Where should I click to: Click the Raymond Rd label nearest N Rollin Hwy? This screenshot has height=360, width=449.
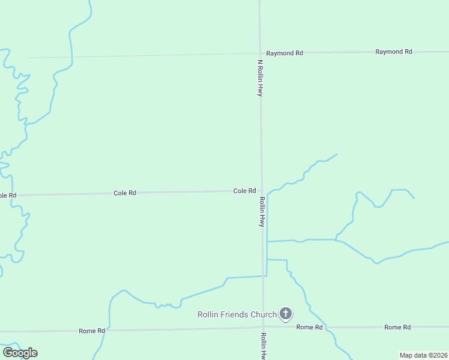click(285, 53)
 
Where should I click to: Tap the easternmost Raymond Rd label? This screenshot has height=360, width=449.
click(394, 52)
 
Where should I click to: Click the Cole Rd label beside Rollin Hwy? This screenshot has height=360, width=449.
click(244, 191)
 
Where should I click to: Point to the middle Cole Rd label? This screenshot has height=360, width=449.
click(125, 193)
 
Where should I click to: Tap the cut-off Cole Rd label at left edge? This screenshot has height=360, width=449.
click(8, 196)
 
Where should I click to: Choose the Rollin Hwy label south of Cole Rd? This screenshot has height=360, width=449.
click(262, 212)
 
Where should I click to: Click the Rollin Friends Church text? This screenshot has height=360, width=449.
click(237, 314)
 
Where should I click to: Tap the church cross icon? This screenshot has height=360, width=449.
click(286, 313)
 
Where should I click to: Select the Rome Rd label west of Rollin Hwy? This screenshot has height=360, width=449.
click(92, 331)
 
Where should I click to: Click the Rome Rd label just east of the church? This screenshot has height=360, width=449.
click(309, 327)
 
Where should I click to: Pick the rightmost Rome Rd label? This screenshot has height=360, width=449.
click(397, 327)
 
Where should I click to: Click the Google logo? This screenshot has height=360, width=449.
click(20, 353)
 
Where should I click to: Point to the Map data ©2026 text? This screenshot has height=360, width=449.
click(424, 355)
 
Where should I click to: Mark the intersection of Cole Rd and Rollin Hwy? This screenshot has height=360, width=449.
click(261, 191)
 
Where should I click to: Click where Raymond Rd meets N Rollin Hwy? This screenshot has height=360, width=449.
click(260, 53)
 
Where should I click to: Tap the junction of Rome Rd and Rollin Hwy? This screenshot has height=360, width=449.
click(263, 328)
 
